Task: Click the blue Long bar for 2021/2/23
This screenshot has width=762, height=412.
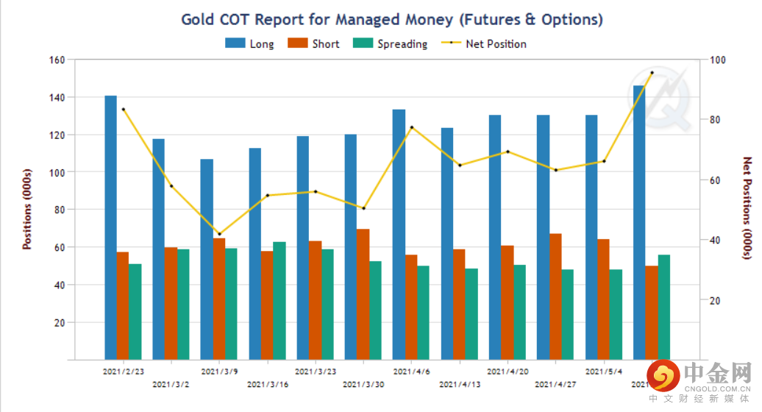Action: pyautogui.click(x=110, y=228)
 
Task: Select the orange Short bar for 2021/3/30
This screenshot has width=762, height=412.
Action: pyautogui.click(x=363, y=294)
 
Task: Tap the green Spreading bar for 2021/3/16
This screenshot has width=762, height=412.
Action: pyautogui.click(x=279, y=301)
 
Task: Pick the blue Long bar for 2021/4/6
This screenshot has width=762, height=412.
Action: pyautogui.click(x=399, y=235)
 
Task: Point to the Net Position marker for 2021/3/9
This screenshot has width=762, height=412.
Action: pyautogui.click(x=219, y=234)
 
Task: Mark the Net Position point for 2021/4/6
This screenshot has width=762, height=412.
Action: pyautogui.click(x=412, y=127)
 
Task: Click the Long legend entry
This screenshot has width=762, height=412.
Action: pyautogui.click(x=249, y=44)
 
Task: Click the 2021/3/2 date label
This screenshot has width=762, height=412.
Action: pyautogui.click(x=171, y=384)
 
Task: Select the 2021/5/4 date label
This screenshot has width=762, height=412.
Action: pyautogui.click(x=604, y=372)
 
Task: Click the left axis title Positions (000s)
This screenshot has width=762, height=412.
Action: pyautogui.click(x=27, y=210)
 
